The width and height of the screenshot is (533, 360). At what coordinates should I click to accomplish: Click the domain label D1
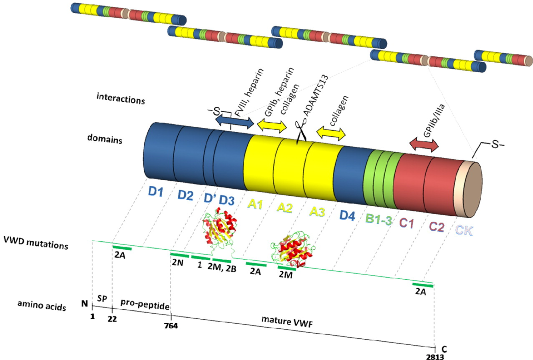point(156,191)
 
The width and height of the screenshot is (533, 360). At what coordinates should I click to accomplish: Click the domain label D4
point(347,216)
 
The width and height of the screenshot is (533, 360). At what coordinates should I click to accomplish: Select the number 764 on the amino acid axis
point(171,326)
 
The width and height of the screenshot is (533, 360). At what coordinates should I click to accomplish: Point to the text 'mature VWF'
point(287,321)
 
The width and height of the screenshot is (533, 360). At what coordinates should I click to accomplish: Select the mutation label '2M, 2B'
point(222,269)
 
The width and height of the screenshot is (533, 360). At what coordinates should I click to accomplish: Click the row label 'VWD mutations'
point(36,242)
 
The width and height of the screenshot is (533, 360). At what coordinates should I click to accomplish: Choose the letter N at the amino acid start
point(84,304)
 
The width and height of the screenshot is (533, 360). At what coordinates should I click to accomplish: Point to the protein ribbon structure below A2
point(292,252)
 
